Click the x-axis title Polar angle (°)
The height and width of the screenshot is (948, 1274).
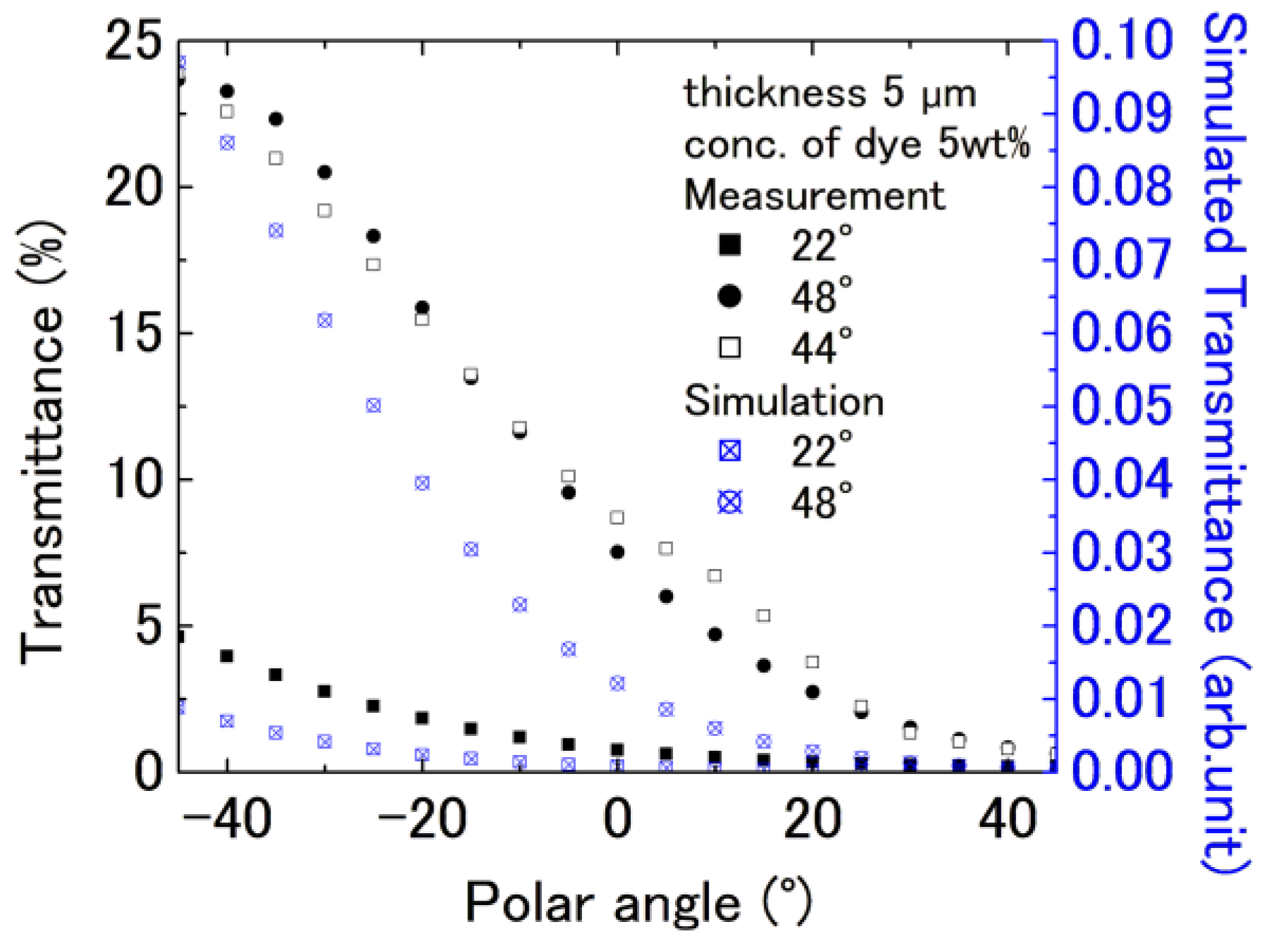click(x=638, y=902)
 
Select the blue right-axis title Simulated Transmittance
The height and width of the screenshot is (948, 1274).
click(x=1225, y=444)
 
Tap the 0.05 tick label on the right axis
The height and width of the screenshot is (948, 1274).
click(x=1121, y=406)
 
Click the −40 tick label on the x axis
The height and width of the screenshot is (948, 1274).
click(x=227, y=819)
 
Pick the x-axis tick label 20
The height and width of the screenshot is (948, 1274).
click(x=812, y=819)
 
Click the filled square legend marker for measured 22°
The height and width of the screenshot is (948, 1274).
click(x=729, y=245)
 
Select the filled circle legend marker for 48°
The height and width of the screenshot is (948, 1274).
click(x=729, y=297)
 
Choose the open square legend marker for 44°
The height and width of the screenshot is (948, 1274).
click(x=729, y=348)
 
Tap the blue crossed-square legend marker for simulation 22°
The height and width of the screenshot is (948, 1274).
click(x=729, y=451)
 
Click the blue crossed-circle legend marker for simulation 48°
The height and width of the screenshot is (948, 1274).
click(x=729, y=502)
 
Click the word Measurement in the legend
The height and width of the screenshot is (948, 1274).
click(x=814, y=195)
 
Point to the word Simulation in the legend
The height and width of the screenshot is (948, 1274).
click(x=784, y=401)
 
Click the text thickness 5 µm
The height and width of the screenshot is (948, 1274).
click(x=830, y=93)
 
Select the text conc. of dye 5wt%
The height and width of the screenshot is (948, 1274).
click(x=856, y=144)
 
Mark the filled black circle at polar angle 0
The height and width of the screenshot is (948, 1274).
click(x=617, y=552)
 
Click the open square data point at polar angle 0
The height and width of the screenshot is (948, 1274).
click(x=617, y=518)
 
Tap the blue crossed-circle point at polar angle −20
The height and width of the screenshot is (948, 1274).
click(x=422, y=483)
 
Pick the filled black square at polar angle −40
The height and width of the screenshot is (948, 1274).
click(x=227, y=656)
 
